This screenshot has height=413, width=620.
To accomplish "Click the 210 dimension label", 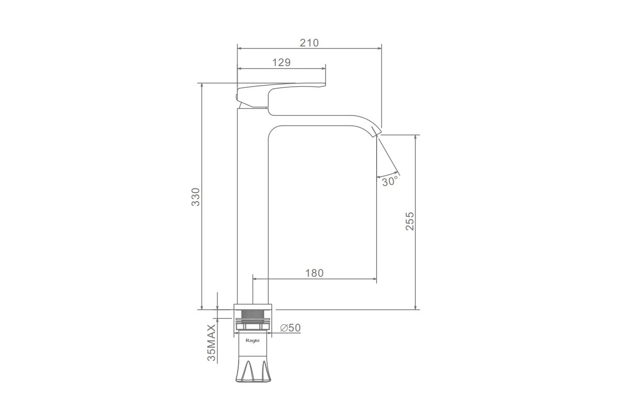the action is coord(309,43).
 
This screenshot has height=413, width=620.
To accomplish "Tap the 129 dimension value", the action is coord(281,62).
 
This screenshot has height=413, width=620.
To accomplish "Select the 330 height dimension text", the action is coord(196,197).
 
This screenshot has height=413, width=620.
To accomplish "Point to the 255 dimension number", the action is coord(410,221).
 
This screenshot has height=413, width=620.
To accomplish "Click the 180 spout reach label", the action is coord(314,273).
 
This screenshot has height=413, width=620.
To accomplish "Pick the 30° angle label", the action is coord(390,182).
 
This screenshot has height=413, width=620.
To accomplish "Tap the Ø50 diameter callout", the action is coord(290,328).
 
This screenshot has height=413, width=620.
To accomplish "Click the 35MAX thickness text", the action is coord(211,343).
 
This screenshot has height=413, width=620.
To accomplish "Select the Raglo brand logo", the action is coord(253,341).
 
